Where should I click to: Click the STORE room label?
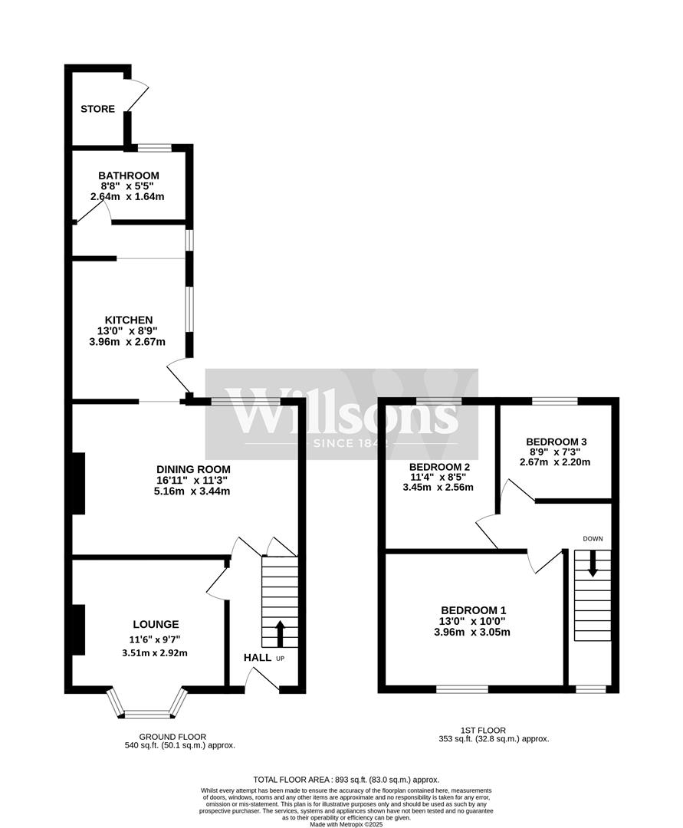(x=98, y=109)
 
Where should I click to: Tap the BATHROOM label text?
(x=129, y=176)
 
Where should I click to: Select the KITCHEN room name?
(x=129, y=320)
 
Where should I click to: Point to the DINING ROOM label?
(x=193, y=469)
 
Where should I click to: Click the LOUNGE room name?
(x=155, y=624)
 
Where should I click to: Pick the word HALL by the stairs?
(x=257, y=658)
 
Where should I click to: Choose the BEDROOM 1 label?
(x=471, y=609)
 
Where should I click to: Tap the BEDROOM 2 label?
(x=439, y=466)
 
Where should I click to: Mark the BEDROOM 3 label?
(x=557, y=442)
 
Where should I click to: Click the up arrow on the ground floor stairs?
(x=279, y=633)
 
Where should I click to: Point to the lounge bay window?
(x=148, y=713)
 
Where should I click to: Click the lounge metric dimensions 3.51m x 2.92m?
(x=155, y=653)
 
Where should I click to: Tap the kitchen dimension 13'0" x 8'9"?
(x=129, y=331)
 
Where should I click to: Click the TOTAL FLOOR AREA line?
(x=346, y=779)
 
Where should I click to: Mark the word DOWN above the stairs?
(x=593, y=539)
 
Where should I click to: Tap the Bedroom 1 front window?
(x=462, y=688)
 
